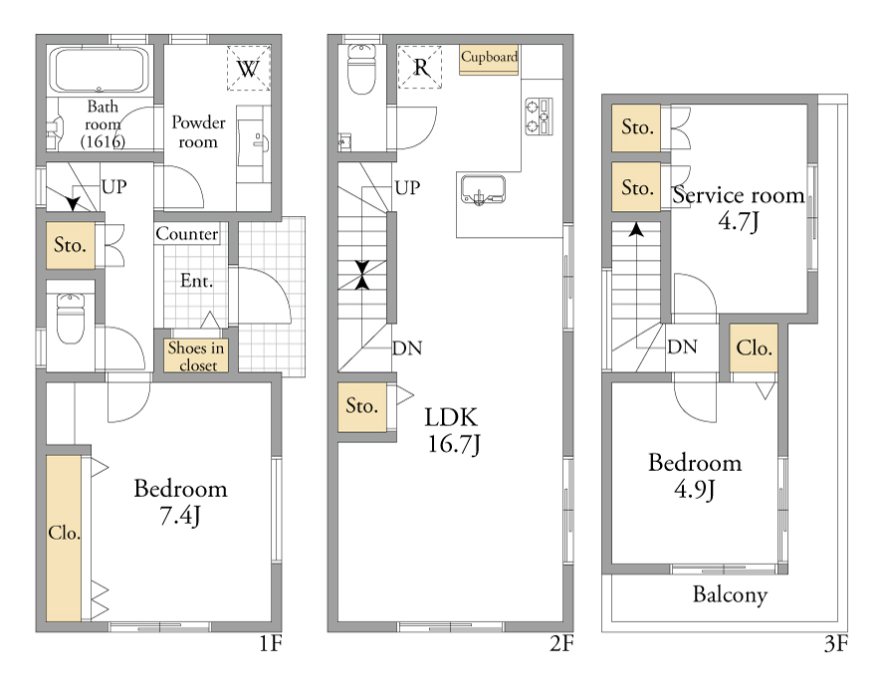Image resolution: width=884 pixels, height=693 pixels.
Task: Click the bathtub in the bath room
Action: pyautogui.click(x=100, y=70)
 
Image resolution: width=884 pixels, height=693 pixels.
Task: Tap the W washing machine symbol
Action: pyautogui.click(x=249, y=69)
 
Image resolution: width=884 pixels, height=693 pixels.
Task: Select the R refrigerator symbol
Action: pyautogui.click(x=420, y=67)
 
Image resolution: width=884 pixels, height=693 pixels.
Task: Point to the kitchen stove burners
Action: pyautogui.click(x=539, y=116)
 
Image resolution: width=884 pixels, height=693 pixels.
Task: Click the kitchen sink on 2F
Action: pyautogui.click(x=483, y=189)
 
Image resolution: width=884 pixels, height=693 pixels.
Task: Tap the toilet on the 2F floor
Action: pyautogui.click(x=362, y=69)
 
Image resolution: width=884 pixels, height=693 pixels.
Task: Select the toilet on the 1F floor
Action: pyautogui.click(x=71, y=318)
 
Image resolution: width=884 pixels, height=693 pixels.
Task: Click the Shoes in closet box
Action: pyautogui.click(x=196, y=355)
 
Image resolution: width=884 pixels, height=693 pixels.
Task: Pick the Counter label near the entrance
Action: pyautogui.click(x=186, y=233)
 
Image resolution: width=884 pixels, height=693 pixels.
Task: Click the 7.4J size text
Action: pyautogui.click(x=180, y=516)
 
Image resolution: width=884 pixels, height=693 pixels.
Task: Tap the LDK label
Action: pyautogui.click(x=451, y=418)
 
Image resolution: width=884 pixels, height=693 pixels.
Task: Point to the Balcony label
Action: pyautogui.click(x=730, y=594)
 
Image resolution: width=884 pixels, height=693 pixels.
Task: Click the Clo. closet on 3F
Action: pyautogui.click(x=754, y=347)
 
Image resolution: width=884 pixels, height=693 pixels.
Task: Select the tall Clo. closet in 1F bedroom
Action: pyautogui.click(x=64, y=538)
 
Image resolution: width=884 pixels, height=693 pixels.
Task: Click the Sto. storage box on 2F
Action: pyautogui.click(x=362, y=407)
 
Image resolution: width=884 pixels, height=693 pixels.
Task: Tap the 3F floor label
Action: pyautogui.click(x=836, y=643)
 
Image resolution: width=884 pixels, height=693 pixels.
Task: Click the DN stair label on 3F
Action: pyautogui.click(x=682, y=346)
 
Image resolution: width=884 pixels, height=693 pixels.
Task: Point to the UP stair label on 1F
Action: pyautogui.click(x=113, y=186)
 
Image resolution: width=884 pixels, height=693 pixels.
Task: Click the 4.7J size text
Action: pyautogui.click(x=739, y=221)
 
